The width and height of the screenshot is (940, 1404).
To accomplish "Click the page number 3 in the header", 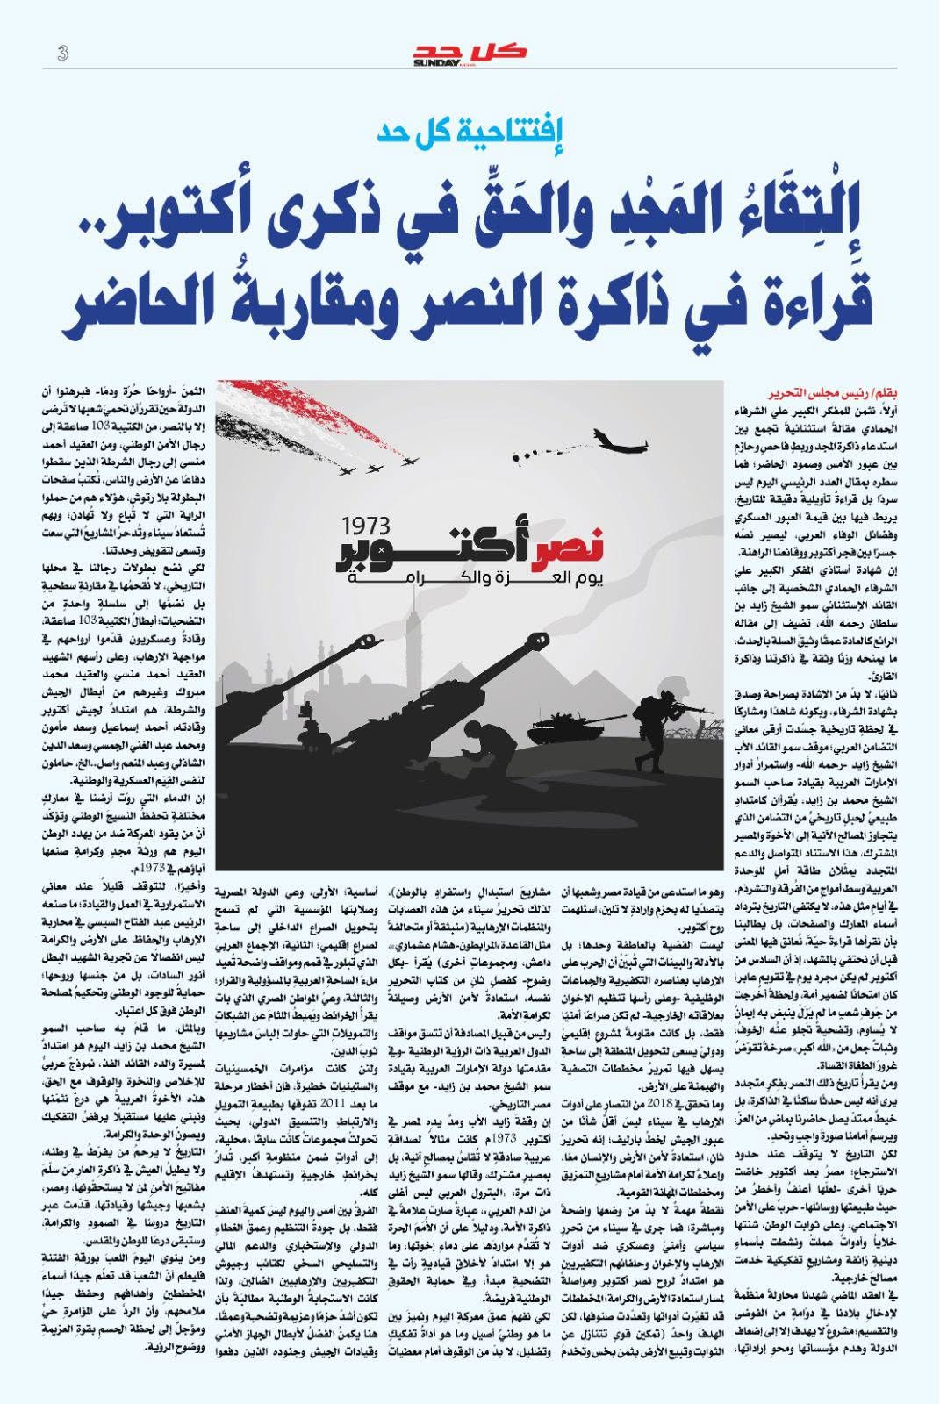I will point(62,53).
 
